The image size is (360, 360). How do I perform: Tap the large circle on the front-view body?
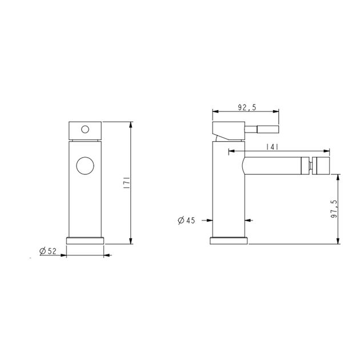click(x=85, y=166)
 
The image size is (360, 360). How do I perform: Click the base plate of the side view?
click(x=230, y=240)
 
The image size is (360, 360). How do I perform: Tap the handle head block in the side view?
click(x=229, y=127)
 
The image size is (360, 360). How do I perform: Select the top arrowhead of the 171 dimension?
click(x=131, y=124)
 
